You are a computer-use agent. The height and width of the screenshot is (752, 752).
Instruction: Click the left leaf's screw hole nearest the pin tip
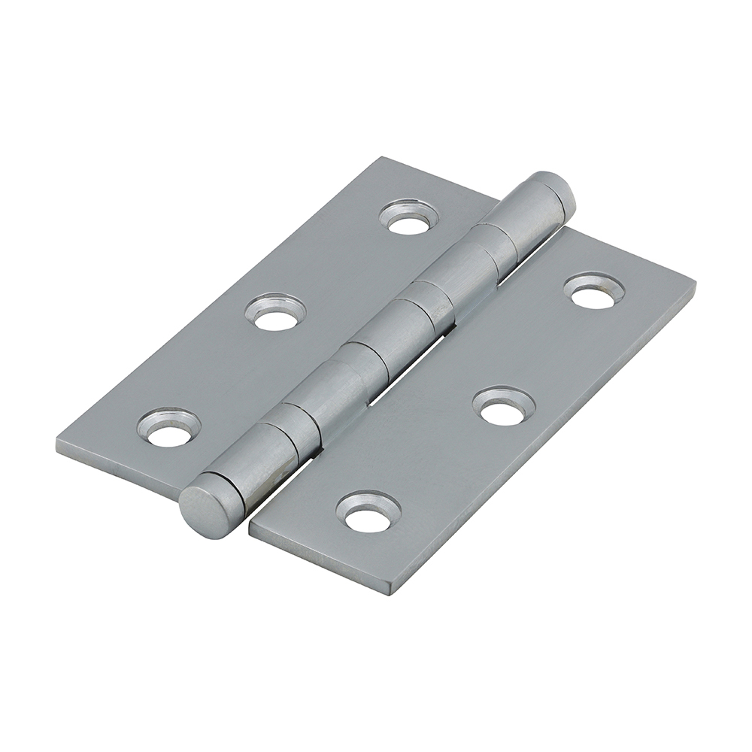tap(409, 218)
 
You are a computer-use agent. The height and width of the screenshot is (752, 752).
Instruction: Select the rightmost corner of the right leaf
tap(693, 284)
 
